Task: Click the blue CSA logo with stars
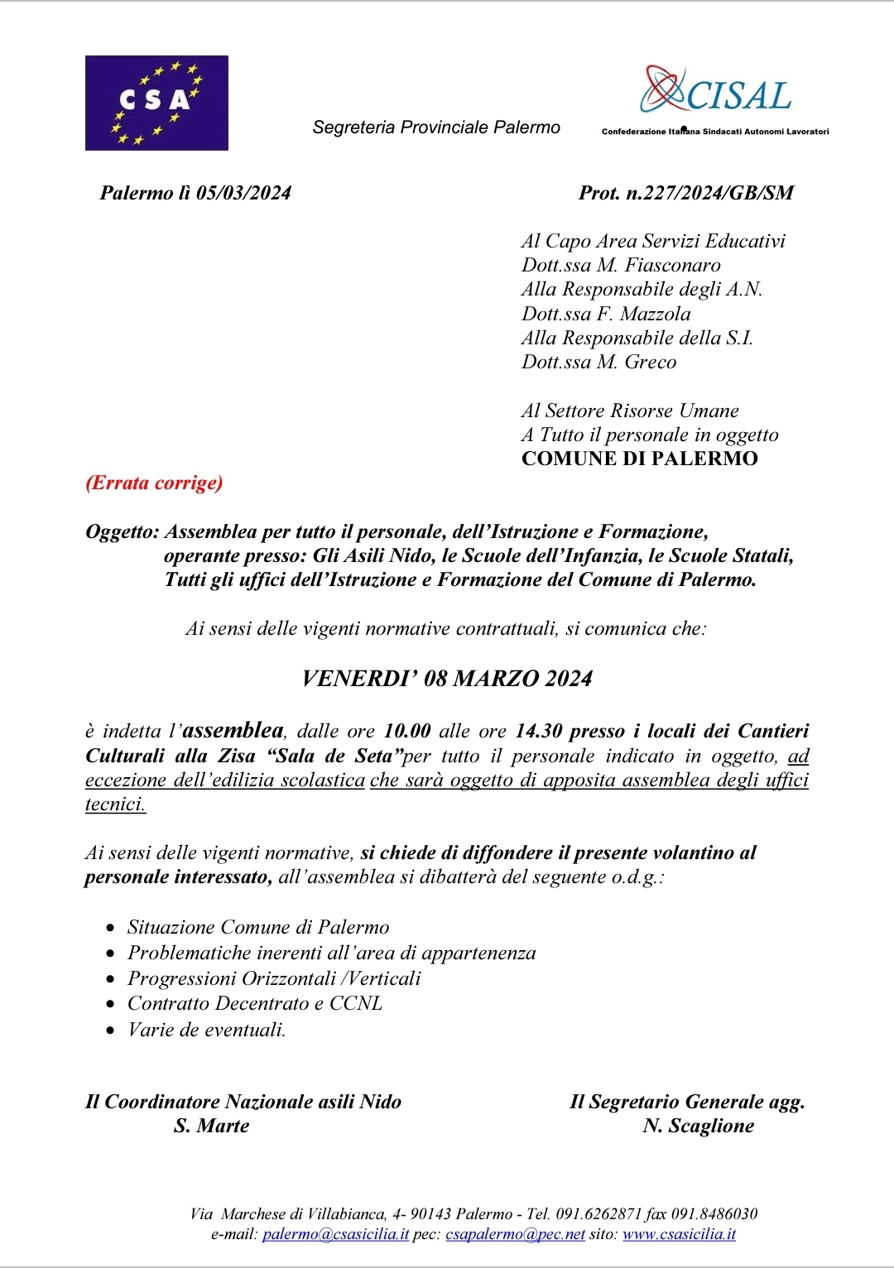[156, 103]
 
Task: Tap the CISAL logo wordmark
[717, 93]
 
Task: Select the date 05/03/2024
[243, 193]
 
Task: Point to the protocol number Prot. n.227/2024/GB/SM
[685, 193]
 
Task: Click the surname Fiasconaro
[672, 265]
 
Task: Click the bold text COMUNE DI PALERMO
[639, 459]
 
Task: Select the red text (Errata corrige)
[154, 483]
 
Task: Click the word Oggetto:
[122, 531]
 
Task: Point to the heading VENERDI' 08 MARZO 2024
[447, 679]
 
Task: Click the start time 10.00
[407, 731]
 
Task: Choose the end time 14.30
[538, 731]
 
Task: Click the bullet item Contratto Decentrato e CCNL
[255, 1003]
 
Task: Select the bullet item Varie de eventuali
[206, 1030]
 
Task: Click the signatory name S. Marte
[212, 1126]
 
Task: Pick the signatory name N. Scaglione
[698, 1126]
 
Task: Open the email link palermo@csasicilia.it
[335, 1234]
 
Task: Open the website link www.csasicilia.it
[679, 1234]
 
